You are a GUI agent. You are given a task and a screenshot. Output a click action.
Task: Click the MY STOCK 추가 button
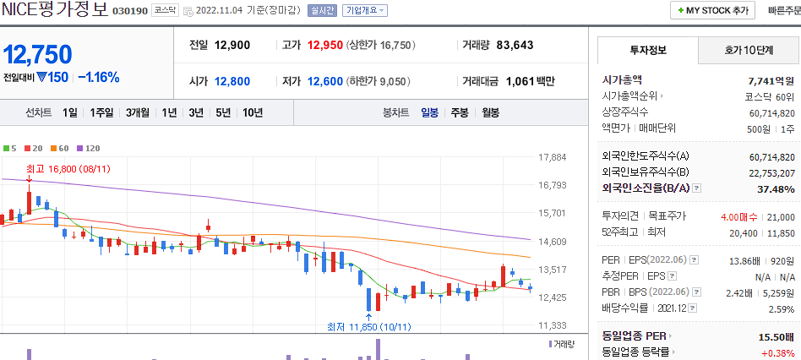(712, 10)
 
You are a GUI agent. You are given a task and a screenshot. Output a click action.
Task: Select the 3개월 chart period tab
(138, 112)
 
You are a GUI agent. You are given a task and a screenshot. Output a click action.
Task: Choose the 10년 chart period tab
(252, 112)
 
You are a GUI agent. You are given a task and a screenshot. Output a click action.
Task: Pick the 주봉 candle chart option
(460, 112)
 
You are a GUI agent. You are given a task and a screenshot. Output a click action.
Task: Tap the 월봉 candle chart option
(490, 112)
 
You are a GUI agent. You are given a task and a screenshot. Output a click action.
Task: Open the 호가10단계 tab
(749, 51)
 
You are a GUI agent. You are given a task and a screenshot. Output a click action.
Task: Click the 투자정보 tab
(648, 51)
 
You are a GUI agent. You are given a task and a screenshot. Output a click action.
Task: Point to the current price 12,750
(37, 54)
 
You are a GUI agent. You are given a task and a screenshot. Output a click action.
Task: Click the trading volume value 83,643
(526, 45)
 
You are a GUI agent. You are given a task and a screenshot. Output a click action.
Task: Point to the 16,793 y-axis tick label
(552, 185)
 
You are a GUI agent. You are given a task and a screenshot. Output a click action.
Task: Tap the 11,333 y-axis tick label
(552, 325)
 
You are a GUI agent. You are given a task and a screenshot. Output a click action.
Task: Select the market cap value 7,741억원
(771, 79)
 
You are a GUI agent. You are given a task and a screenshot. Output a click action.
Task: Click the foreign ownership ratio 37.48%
(776, 188)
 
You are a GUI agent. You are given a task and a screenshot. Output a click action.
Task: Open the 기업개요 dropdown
(365, 10)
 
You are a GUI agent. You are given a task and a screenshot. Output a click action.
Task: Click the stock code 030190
(129, 11)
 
